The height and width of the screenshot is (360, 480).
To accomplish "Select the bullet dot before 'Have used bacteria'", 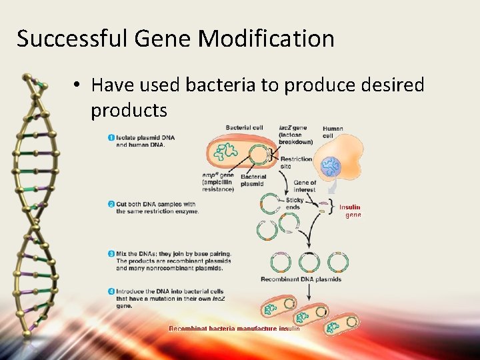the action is coord(78,86).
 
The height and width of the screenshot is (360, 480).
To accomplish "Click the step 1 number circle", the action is coord(111,138).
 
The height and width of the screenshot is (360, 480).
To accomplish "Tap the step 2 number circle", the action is coord(111,204).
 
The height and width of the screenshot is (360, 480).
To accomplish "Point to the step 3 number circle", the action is coord(111,253).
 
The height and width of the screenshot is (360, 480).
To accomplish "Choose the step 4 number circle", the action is coord(111,291).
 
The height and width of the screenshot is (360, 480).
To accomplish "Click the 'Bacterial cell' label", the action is coord(244,127).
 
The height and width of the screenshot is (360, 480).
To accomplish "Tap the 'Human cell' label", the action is coord(333,132).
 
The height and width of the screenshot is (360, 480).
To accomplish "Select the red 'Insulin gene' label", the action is coord(350,211).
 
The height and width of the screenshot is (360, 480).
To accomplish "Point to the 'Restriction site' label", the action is coord(295,162).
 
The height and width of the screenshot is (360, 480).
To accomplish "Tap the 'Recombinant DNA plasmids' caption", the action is coord(301,279).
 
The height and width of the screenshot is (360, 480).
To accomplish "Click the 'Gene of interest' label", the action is coord(305,186).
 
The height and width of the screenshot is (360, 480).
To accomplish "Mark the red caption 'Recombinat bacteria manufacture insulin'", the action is coord(234,328).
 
